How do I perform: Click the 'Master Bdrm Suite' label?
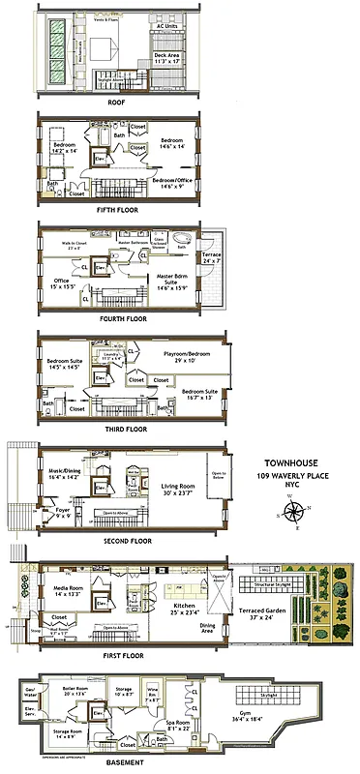coord(173,282)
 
